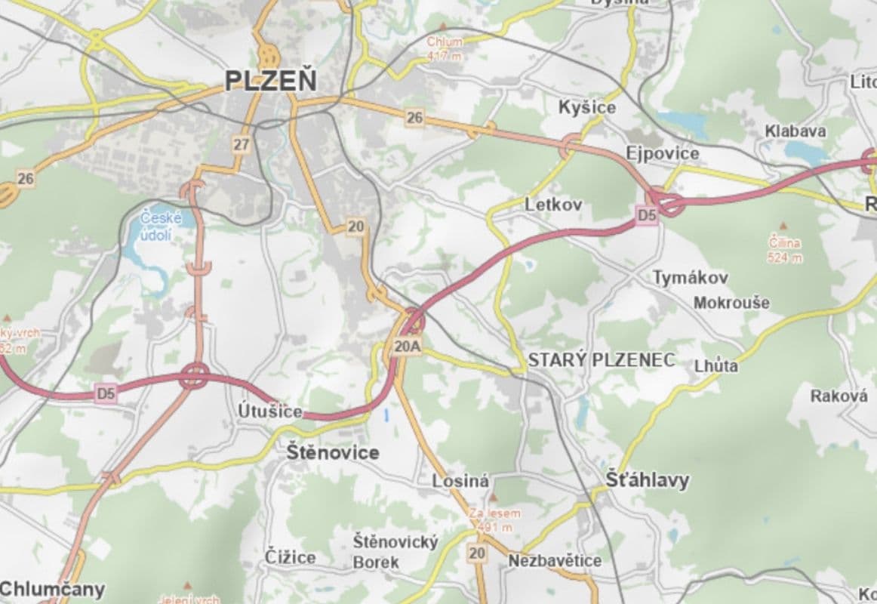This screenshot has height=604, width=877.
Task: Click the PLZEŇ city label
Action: [271, 81]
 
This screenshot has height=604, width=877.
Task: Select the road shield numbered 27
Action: [241, 145]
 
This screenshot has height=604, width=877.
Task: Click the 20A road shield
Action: [407, 347]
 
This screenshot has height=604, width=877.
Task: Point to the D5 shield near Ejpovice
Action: [647, 215]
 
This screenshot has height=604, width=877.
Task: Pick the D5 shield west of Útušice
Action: [106, 393]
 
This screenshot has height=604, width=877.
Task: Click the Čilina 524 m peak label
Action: [785, 250]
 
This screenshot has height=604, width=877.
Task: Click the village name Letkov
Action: [552, 204]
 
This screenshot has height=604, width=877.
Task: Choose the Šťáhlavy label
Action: [648, 480]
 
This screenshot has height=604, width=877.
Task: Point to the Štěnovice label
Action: [333, 453]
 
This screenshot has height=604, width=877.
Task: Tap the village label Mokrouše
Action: [731, 303]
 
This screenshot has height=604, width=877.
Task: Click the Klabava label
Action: [795, 131]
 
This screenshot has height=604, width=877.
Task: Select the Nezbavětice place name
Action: [555, 561]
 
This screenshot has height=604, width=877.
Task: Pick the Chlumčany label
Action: [53, 589]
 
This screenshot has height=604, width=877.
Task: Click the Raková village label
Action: [839, 396]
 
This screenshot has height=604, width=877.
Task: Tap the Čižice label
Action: [291, 557]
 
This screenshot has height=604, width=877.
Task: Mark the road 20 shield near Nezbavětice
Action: [477, 553]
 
